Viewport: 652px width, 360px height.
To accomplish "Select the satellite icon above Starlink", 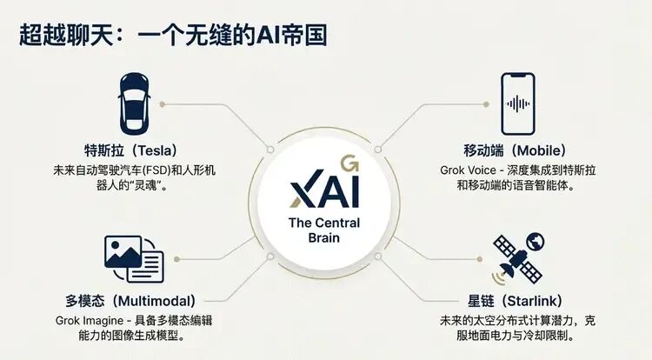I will coord(516,258).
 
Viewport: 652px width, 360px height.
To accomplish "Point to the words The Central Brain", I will coord(324,230).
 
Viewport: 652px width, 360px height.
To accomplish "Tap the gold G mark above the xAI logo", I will coord(349,163).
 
